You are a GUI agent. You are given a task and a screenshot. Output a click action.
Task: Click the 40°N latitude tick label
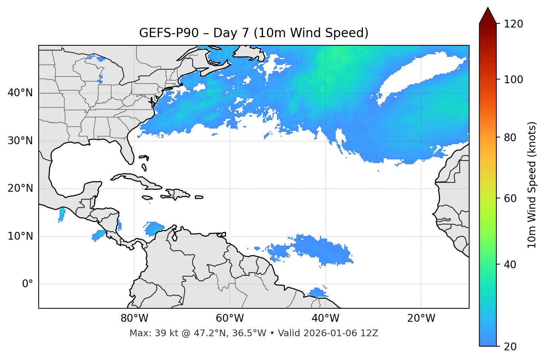(x=20, y=93)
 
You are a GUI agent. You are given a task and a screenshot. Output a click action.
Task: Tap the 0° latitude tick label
(x=28, y=284)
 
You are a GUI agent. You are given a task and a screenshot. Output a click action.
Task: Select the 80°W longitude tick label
(x=134, y=318)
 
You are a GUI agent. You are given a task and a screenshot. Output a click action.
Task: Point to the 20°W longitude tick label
(x=421, y=318)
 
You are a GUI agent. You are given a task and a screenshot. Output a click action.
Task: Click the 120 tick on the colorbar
(x=513, y=24)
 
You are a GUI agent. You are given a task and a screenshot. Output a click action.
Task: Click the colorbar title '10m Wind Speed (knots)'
(x=532, y=185)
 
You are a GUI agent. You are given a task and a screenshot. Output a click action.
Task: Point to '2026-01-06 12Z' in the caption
(x=341, y=333)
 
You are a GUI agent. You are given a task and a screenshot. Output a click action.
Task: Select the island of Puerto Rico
(x=199, y=197)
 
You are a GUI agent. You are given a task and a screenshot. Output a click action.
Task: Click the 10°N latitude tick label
(x=20, y=236)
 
